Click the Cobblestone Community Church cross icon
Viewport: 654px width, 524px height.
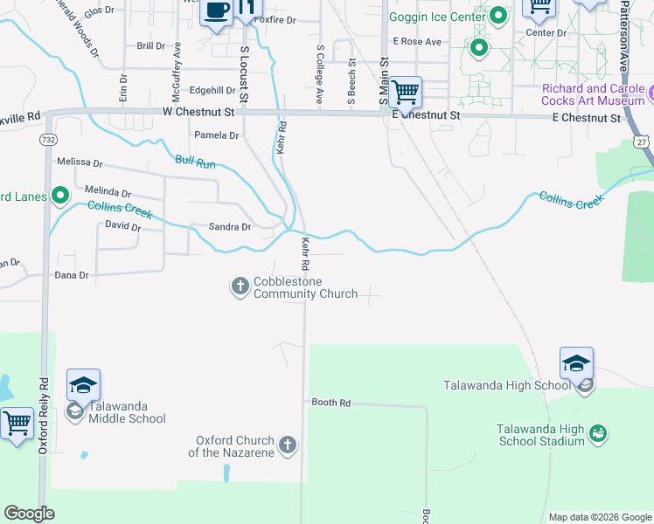(x=240, y=286)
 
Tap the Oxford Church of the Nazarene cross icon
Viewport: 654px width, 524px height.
(x=289, y=446)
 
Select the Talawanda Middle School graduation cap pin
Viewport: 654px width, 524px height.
(x=83, y=385)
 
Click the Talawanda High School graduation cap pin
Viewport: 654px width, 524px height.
(x=576, y=363)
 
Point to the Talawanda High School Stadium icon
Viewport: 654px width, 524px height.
(x=598, y=432)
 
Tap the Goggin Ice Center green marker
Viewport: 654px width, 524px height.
(x=498, y=15)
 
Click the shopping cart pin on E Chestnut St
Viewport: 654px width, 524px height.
(x=405, y=91)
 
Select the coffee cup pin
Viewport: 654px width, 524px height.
(x=216, y=11)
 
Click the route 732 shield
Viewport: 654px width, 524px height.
(x=49, y=139)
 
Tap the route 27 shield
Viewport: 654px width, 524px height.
(x=642, y=141)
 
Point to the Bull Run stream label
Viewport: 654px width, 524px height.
(x=195, y=161)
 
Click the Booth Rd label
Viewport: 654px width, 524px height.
(x=331, y=403)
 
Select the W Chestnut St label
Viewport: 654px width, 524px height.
(x=199, y=112)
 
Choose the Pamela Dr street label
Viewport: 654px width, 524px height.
(x=216, y=135)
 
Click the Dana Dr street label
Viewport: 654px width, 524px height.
(x=73, y=275)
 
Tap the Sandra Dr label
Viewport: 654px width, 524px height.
(x=230, y=227)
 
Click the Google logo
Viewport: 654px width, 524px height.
(x=30, y=514)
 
